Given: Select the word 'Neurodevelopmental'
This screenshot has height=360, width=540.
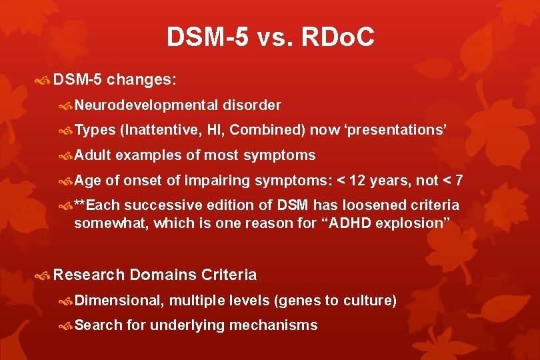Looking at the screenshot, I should (146, 105).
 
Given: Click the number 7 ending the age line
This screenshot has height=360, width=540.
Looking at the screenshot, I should (459, 181).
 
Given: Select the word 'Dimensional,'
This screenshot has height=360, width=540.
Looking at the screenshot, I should (119, 301).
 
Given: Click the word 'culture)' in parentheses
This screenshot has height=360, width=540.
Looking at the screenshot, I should (370, 301).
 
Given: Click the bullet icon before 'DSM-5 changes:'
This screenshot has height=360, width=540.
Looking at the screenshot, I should (44, 81).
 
